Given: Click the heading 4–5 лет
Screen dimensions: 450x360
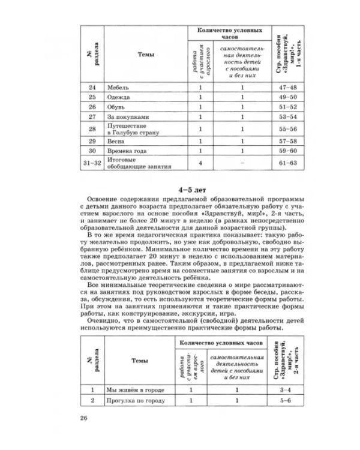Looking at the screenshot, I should click(181, 188).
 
